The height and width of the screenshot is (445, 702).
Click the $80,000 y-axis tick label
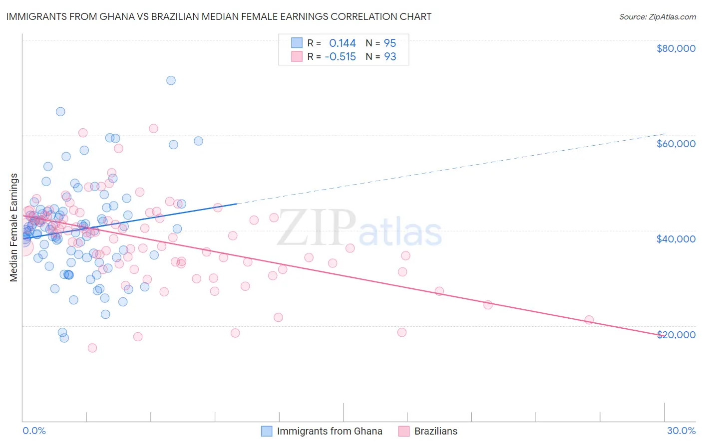676,48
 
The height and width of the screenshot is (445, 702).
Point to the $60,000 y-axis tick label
676,144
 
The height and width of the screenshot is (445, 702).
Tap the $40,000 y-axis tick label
676,239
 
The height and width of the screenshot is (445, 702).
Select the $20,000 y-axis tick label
676,334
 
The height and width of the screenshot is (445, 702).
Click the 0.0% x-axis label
34,431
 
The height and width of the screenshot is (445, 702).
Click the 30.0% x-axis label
681,431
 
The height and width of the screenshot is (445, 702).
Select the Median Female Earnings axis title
14,227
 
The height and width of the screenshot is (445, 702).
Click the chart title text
219,16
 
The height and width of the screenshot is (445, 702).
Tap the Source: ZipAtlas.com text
657,16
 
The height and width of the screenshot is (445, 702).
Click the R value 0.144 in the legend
342,43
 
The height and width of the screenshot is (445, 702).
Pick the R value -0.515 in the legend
340,57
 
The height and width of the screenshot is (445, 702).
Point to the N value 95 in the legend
389,43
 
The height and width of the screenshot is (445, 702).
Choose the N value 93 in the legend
389,57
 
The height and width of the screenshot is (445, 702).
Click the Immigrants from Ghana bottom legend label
330,431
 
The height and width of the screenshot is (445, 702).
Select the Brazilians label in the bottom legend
435,431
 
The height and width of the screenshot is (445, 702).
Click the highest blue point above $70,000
171,80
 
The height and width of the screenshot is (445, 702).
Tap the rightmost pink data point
589,320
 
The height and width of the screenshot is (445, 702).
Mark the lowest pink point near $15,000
92,348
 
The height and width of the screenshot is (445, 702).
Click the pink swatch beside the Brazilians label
404,431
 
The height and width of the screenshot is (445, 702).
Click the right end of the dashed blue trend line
664,133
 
